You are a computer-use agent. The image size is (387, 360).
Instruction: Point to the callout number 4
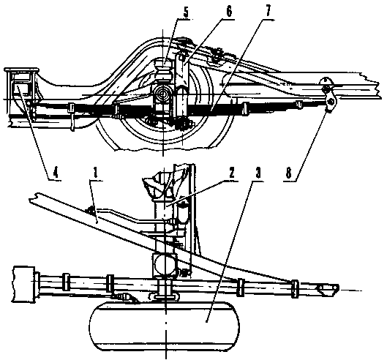tap(56, 173)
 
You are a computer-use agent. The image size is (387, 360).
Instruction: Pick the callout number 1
tap(96, 173)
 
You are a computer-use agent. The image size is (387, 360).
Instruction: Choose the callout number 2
tap(231, 173)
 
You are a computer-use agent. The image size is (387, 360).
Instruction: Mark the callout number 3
tap(258, 173)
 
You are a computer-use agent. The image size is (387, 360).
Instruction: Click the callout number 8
tap(288, 173)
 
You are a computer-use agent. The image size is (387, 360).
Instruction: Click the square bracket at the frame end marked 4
tap(22, 85)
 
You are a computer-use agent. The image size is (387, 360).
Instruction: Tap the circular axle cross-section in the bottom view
tap(165, 265)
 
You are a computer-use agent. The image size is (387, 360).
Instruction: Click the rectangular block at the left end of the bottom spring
tap(24, 284)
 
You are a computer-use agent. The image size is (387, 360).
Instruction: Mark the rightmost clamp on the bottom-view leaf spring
tap(294, 288)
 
